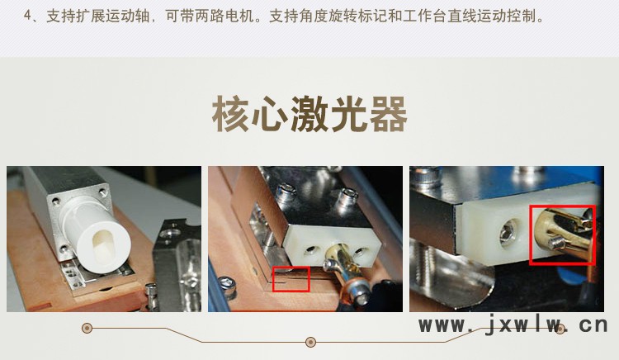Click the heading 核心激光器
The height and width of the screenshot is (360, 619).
[309, 114]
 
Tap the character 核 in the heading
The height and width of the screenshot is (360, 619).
[231, 114]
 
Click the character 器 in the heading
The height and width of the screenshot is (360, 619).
[389, 114]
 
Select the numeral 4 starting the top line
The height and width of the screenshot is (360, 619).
[27, 17]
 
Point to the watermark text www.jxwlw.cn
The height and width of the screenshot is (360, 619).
[513, 324]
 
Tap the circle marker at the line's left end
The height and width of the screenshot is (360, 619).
[87, 328]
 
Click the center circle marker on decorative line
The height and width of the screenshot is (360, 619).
[310, 342]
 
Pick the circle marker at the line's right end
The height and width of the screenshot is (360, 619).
[560, 329]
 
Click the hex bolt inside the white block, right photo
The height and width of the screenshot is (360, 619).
[508, 235]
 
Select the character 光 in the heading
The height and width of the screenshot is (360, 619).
[349, 114]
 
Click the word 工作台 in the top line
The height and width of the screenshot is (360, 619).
[425, 17]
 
